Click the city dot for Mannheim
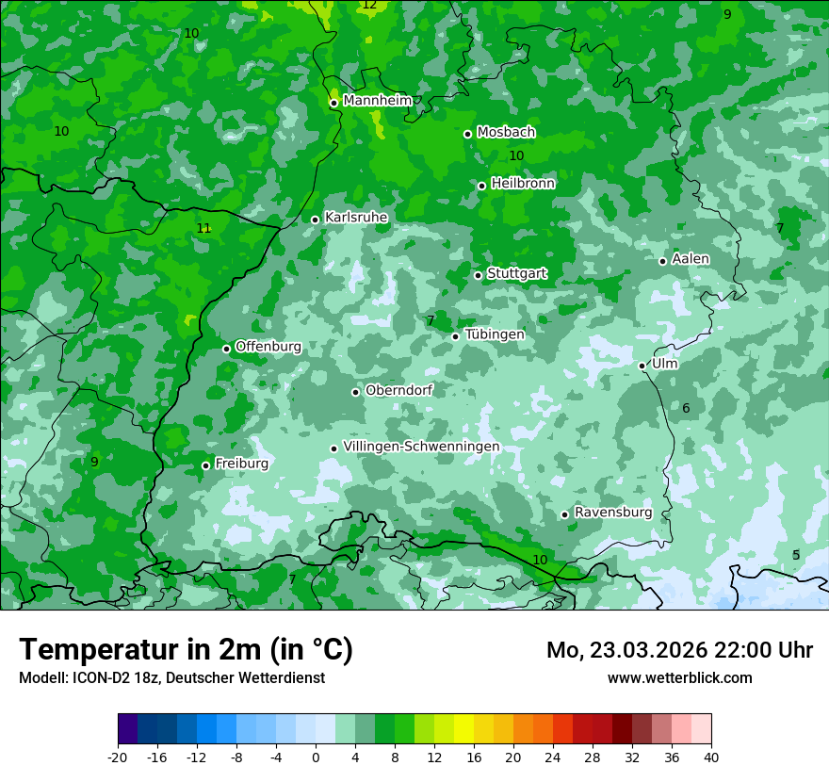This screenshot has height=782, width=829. click(x=333, y=103)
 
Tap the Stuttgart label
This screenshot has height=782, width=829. click(x=516, y=273)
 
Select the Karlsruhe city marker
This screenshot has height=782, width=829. click(x=315, y=220)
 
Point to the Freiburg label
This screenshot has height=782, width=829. click(x=241, y=464)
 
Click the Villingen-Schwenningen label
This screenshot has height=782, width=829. click(x=421, y=447)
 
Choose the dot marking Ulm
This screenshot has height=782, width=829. click(x=642, y=366)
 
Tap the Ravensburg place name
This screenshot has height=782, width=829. click(x=612, y=513)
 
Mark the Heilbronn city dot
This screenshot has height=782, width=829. click(x=481, y=186)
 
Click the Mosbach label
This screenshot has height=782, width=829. click(x=506, y=132)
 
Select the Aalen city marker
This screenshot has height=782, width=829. click(x=662, y=261)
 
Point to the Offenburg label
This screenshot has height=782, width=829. click(x=268, y=347)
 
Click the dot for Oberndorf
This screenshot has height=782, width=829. click(x=355, y=392)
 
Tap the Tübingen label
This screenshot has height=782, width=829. click(x=494, y=334)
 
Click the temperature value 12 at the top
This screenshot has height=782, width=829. click(x=368, y=5)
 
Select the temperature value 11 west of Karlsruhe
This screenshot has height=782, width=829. click(x=203, y=228)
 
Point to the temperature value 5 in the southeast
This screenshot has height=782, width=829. click(x=795, y=555)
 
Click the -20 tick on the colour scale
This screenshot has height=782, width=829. click(x=118, y=757)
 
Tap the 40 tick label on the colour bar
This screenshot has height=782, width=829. click(x=710, y=757)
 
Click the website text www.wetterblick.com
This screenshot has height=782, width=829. click(x=679, y=677)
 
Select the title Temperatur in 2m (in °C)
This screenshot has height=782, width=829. click(x=186, y=649)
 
